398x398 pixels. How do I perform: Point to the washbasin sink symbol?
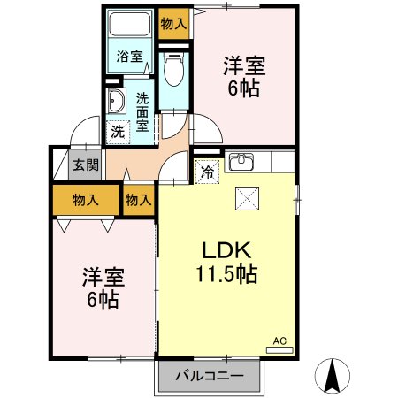(115, 103)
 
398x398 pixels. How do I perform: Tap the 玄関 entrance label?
(86, 165)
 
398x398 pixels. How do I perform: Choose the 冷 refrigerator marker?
(206, 172)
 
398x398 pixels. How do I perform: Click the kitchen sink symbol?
(241, 162)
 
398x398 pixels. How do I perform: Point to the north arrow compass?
(334, 375)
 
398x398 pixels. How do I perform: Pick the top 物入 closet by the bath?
(173, 24)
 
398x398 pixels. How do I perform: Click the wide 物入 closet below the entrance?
(86, 201)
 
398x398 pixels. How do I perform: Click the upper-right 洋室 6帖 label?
(244, 76)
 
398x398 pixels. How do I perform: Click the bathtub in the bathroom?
(130, 32)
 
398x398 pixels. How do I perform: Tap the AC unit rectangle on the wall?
(279, 350)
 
